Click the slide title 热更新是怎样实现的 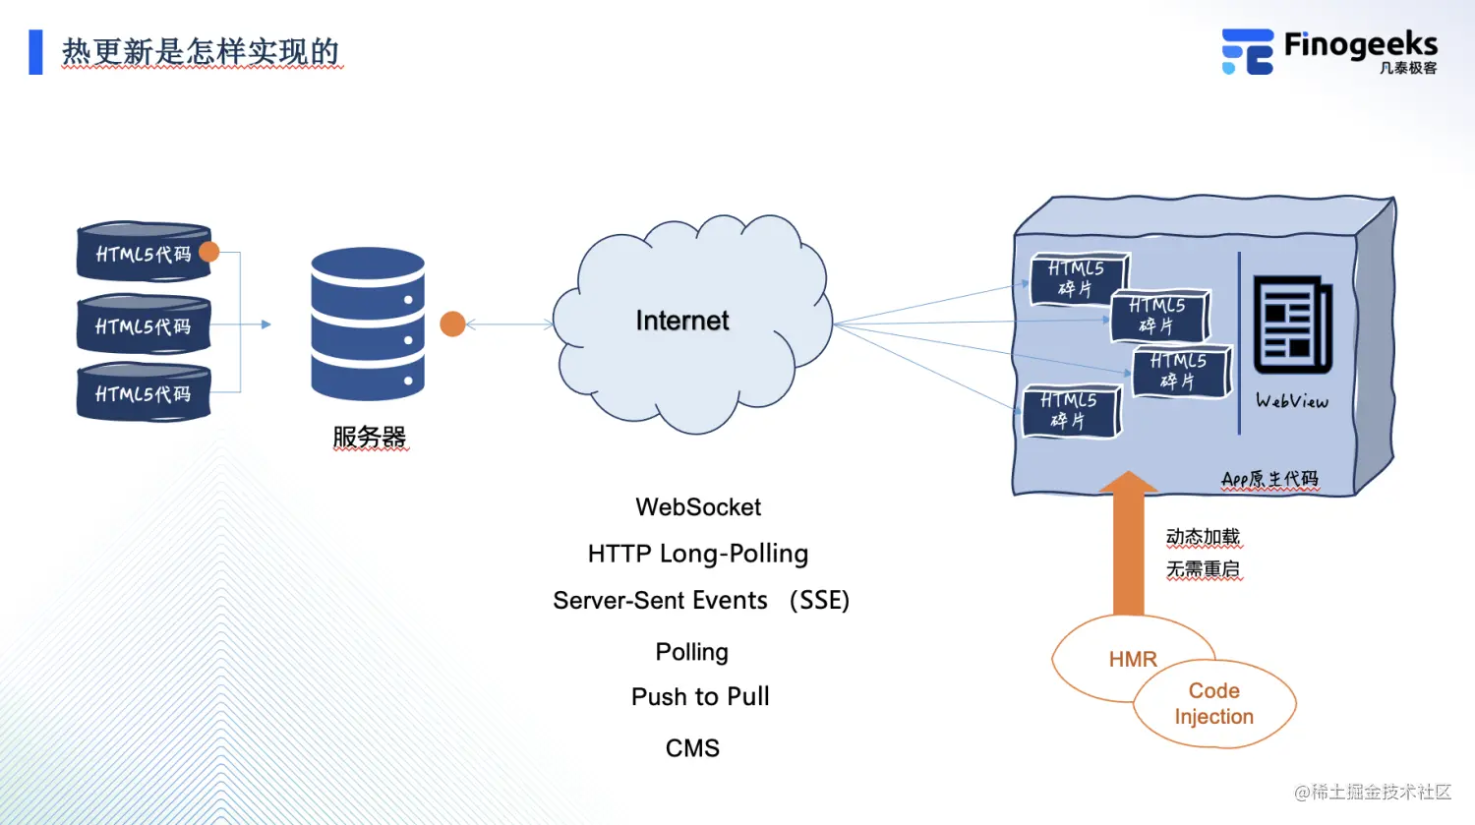(201, 52)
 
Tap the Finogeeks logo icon (1247, 51)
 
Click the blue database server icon (368, 324)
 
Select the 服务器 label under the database (370, 436)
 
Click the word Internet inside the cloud (682, 321)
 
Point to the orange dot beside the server (452, 324)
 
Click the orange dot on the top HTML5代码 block (209, 252)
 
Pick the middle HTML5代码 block (144, 325)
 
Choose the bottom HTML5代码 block (144, 393)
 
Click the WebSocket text (698, 507)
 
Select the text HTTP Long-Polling (698, 554)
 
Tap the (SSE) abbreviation (819, 600)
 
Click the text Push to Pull (700, 696)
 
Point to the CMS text (692, 748)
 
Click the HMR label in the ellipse (1133, 659)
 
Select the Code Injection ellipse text (1214, 703)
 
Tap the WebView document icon (1292, 325)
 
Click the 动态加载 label (1203, 537)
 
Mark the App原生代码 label (1269, 479)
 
